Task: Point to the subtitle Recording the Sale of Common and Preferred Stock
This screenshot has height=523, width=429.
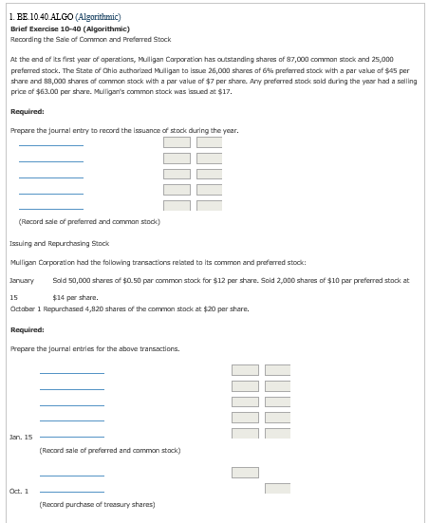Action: pyautogui.click(x=90, y=40)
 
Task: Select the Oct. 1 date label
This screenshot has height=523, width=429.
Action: pyautogui.click(x=19, y=490)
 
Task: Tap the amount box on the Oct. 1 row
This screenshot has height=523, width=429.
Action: pyautogui.click(x=276, y=488)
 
